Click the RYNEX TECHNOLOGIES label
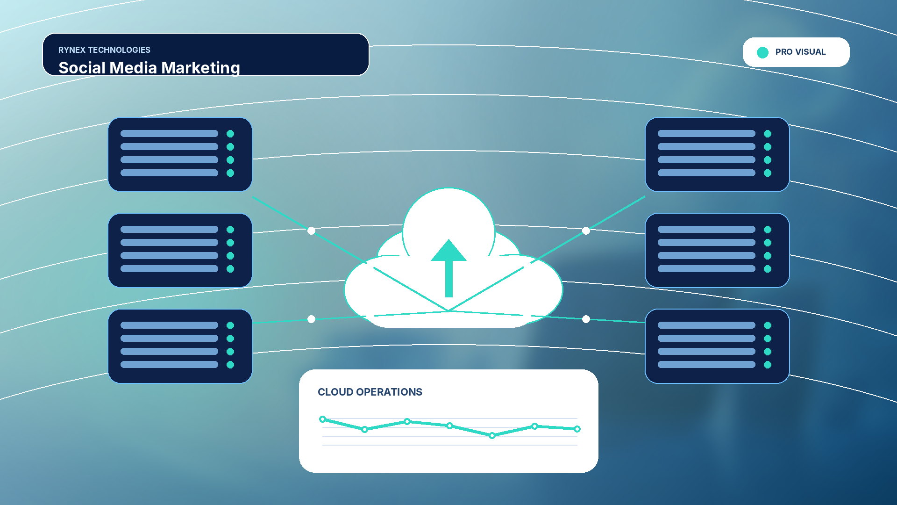click(104, 50)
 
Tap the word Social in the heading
click(82, 68)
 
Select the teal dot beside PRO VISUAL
click(762, 52)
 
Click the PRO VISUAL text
click(800, 52)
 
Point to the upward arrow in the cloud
click(448, 268)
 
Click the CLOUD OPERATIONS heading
click(370, 392)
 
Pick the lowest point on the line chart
click(492, 435)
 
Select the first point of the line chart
click(322, 419)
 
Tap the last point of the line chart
click(577, 429)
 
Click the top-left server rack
click(180, 154)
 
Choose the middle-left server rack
click(180, 250)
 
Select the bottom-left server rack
click(180, 346)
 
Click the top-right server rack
click(717, 154)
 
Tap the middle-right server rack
click(717, 250)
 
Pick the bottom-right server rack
click(717, 346)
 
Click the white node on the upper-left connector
click(311, 231)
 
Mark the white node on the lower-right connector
click(586, 319)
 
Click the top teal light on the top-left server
click(230, 134)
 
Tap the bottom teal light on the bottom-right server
click(768, 365)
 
